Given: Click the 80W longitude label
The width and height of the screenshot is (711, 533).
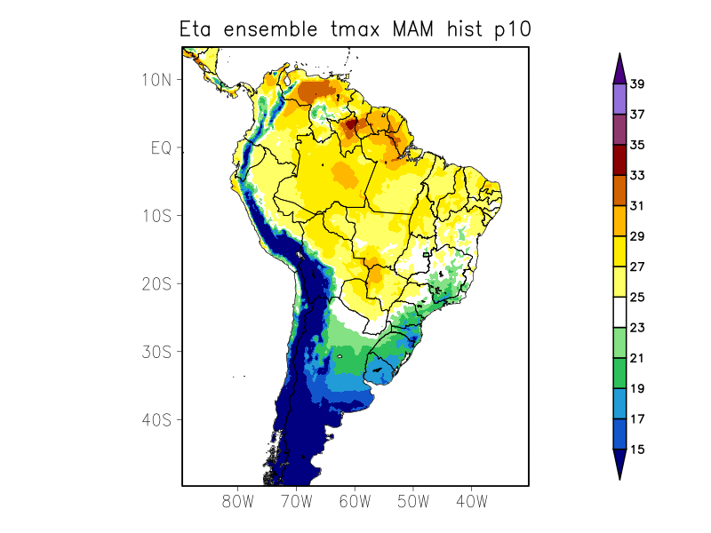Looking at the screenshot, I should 238,501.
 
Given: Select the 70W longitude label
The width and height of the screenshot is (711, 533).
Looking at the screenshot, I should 296,501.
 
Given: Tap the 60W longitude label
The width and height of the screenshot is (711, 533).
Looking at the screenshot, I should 355,501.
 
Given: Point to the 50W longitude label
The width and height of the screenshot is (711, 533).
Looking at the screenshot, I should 412,501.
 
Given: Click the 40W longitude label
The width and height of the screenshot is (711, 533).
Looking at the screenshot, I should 471,501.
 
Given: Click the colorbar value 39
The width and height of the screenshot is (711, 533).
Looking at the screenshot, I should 637,84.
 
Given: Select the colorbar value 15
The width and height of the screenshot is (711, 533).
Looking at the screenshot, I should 637,449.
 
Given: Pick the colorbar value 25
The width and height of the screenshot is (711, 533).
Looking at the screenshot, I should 637,298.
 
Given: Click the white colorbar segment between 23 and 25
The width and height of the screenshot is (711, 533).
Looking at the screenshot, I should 619,313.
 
